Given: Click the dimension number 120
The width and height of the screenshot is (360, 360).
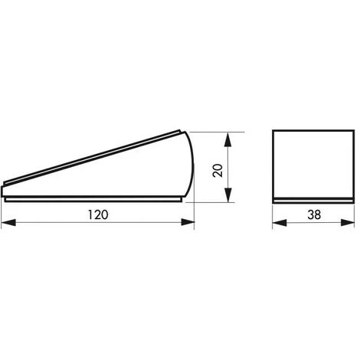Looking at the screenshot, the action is pyautogui.click(x=98, y=214).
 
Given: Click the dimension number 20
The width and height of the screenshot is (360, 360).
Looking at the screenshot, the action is pyautogui.click(x=218, y=171).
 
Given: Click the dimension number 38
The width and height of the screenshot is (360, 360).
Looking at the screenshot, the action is pyautogui.click(x=314, y=214).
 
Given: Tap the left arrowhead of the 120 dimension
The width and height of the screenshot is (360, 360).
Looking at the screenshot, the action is pyautogui.click(x=8, y=222).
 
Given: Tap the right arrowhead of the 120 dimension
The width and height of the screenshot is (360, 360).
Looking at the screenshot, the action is pyautogui.click(x=188, y=222).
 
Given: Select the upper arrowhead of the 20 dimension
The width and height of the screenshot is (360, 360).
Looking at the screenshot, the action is pyautogui.click(x=228, y=139).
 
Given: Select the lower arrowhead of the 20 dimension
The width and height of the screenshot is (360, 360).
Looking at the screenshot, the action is pyautogui.click(x=228, y=195).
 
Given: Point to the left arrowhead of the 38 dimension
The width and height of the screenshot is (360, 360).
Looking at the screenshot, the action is pyautogui.click(x=280, y=222).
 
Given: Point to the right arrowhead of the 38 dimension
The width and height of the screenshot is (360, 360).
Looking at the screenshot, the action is pyautogui.click(x=348, y=222).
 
